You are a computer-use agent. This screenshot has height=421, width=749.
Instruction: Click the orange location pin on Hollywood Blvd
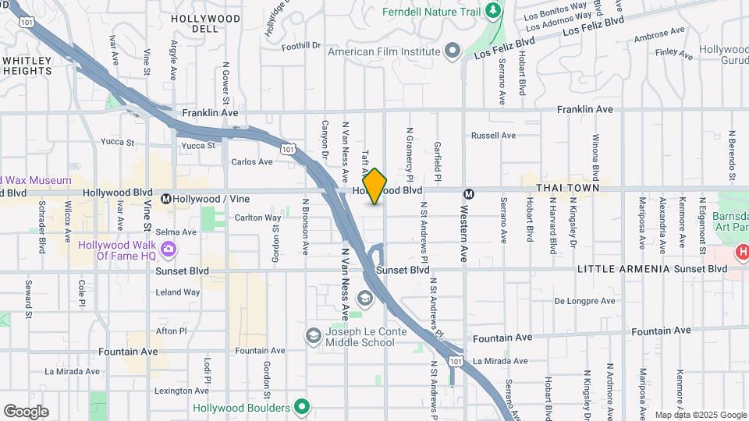click(375, 186)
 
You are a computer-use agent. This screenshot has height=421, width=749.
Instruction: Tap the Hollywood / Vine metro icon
click(166, 199)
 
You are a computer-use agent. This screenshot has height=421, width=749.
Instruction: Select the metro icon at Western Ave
click(469, 194)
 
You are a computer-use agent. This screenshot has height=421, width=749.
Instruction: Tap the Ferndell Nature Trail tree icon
click(492, 11)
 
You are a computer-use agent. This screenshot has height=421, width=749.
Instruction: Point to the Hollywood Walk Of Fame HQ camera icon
click(169, 250)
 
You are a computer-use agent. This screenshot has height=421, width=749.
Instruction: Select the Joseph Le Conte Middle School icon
click(313, 335)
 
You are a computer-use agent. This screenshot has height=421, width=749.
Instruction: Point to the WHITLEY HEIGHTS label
click(27, 65)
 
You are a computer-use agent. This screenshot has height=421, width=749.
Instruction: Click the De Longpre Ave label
click(584, 300)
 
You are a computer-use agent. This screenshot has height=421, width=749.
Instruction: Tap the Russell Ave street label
click(493, 135)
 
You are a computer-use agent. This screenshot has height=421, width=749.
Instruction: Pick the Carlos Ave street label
click(252, 161)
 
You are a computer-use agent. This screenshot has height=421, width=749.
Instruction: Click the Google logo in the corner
click(26, 412)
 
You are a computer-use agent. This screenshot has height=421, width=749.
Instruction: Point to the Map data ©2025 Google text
click(700, 416)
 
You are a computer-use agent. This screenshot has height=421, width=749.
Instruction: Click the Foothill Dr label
click(301, 46)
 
